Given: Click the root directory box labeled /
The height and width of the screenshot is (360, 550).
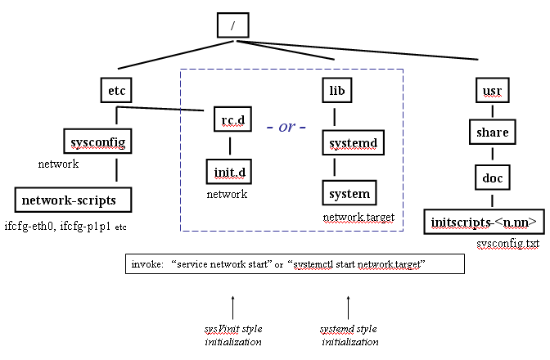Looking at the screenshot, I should click(232, 25).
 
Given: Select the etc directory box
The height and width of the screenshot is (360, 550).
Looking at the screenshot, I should click(116, 89).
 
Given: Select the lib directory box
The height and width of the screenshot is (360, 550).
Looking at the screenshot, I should click(336, 89).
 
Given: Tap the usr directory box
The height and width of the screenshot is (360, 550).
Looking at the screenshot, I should click(492, 89).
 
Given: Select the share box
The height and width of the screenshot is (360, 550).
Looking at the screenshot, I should click(492, 132).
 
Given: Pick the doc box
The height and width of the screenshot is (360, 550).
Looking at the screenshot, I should click(492, 176).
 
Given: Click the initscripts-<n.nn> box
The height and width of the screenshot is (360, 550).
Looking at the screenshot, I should click(484, 221).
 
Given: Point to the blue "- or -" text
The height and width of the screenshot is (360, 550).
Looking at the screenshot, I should click(286, 128).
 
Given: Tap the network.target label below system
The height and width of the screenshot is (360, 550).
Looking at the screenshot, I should click(358, 218).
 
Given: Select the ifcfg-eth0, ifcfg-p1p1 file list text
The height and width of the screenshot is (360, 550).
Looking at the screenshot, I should click(65, 226).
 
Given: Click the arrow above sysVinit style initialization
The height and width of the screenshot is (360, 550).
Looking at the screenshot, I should click(233, 308).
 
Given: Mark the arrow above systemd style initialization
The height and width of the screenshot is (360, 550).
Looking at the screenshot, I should click(349, 308).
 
